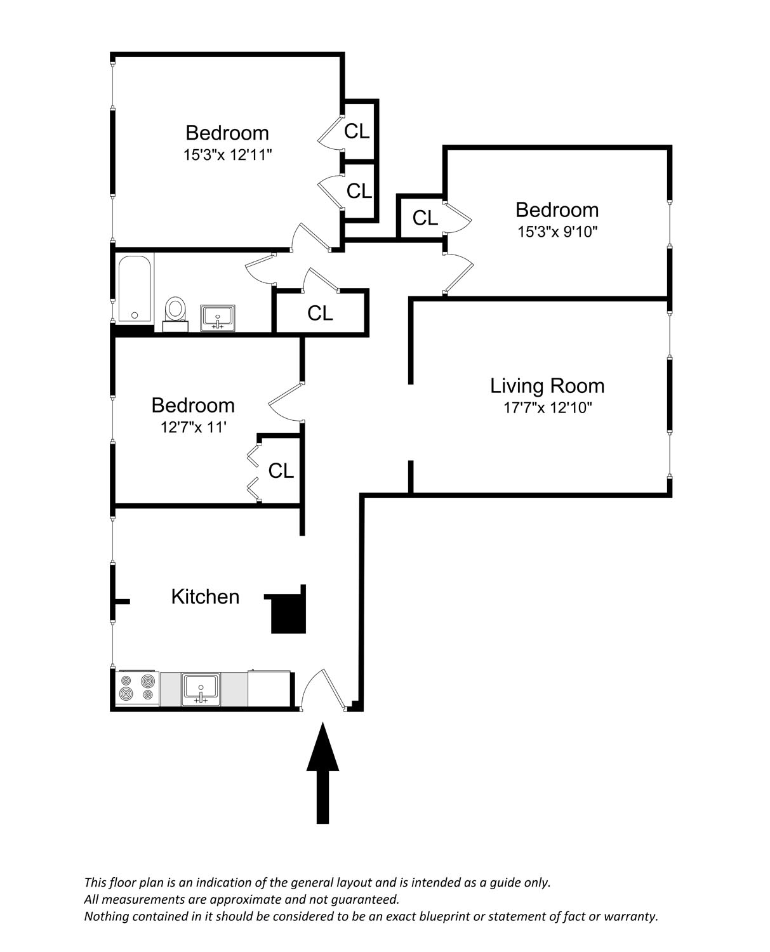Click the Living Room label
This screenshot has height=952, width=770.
pyautogui.click(x=547, y=386)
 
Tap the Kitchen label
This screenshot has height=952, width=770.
pyautogui.click(x=205, y=597)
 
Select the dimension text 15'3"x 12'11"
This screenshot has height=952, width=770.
pyautogui.click(x=227, y=155)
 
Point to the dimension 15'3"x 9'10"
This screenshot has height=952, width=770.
pyautogui.click(x=557, y=232)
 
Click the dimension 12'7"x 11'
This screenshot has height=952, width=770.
pyautogui.click(x=194, y=427)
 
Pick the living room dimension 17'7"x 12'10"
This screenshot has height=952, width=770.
pyautogui.click(x=547, y=407)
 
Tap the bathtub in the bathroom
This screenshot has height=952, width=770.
pyautogui.click(x=135, y=289)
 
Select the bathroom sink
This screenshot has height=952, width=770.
pyautogui.click(x=218, y=318)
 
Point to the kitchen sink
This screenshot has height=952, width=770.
pyautogui.click(x=201, y=690)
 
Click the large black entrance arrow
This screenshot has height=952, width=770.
pyautogui.click(x=322, y=773)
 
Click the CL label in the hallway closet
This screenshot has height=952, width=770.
pyautogui.click(x=320, y=314)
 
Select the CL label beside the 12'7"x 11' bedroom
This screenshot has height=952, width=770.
pyautogui.click(x=281, y=471)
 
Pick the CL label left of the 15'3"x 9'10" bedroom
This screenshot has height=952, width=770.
pyautogui.click(x=425, y=218)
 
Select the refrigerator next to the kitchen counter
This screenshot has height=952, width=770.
pyautogui.click(x=269, y=689)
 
